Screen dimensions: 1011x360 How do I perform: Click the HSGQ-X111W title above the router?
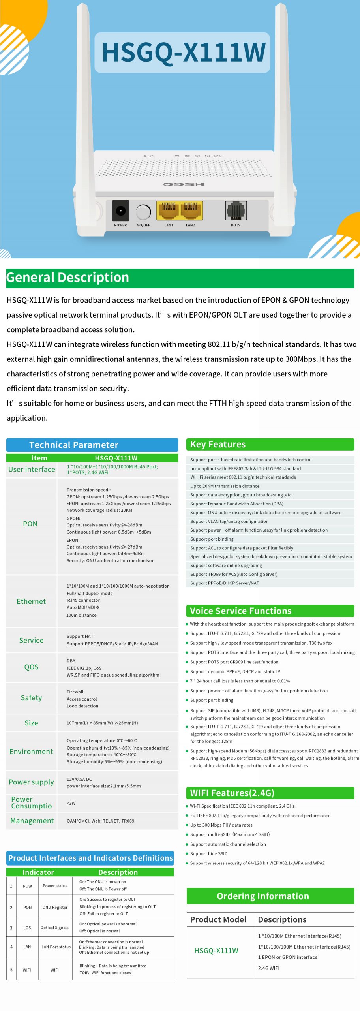184,52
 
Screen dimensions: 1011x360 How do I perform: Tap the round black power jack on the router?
120,211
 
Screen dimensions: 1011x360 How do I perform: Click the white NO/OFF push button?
143,212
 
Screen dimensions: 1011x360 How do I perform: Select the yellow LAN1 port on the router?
168,210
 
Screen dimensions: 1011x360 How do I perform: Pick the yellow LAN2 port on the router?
191,210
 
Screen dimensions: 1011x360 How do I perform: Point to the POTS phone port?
236,210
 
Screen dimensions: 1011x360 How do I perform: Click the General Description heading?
68,278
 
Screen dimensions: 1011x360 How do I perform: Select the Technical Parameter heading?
74,445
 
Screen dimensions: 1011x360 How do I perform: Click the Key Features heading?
218,445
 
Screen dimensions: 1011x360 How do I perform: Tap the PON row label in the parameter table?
30,524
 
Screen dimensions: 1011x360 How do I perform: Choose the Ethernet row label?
31,601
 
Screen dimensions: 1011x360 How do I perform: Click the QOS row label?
31,667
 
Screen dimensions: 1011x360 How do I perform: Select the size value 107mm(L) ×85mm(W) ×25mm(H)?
102,723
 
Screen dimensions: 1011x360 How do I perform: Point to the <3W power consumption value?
71,803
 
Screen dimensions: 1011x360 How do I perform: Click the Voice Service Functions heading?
241,611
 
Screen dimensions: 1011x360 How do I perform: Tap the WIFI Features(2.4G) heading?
232,793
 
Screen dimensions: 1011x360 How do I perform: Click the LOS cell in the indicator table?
27,928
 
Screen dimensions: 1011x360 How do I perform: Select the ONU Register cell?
55,907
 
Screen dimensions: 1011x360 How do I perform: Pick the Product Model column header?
218,919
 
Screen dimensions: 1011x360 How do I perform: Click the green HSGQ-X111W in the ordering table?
216,951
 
